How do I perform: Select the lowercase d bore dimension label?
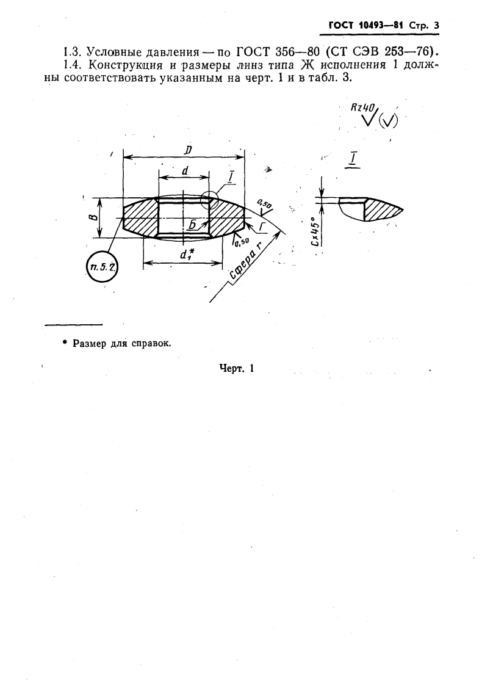pos(184,172)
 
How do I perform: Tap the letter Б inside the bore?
pos(192,225)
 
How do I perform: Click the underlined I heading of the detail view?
pos(354,159)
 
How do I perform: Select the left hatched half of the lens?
pos(140,217)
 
